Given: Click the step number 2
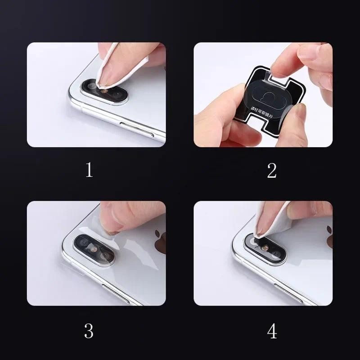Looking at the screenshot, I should point(271,170).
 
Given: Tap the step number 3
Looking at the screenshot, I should point(89,331).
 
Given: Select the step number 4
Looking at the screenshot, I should point(272,331).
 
